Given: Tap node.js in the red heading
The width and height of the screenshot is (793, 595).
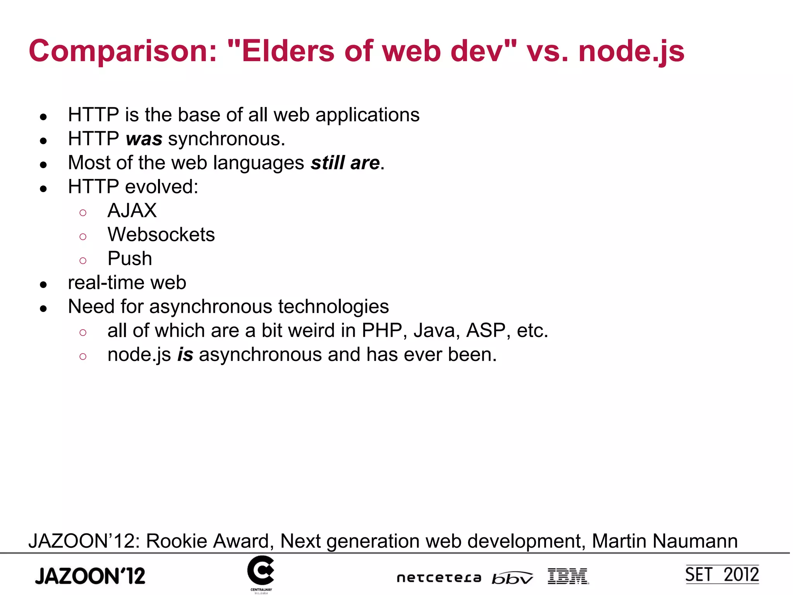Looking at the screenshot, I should point(631,52).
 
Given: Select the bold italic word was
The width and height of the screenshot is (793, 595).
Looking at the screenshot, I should point(144,139).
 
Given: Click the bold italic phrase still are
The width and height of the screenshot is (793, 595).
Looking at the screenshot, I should point(345,163).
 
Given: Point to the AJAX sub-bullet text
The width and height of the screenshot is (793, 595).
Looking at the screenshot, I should point(132,211).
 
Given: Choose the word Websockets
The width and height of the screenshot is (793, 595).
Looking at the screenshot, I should point(161,235).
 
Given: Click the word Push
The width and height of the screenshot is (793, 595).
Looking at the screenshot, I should point(130,259).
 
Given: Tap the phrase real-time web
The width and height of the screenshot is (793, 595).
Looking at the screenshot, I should point(127,283).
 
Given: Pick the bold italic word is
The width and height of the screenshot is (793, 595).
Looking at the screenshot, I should point(185,355).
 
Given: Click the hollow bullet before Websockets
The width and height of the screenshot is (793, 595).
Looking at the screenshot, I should point(83,236).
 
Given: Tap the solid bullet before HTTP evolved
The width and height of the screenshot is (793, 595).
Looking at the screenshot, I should point(43,189).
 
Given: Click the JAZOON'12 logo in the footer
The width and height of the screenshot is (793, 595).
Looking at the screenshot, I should point(90,576).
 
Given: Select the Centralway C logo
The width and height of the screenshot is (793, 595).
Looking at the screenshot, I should point(261,571).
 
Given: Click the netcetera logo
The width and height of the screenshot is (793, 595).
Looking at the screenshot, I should point(439,578).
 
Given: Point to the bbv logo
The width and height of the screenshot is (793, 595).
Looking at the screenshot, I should point(512,578).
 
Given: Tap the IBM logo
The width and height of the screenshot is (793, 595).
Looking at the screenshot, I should point(568,576).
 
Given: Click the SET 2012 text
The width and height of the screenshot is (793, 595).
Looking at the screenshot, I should point(722,575).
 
